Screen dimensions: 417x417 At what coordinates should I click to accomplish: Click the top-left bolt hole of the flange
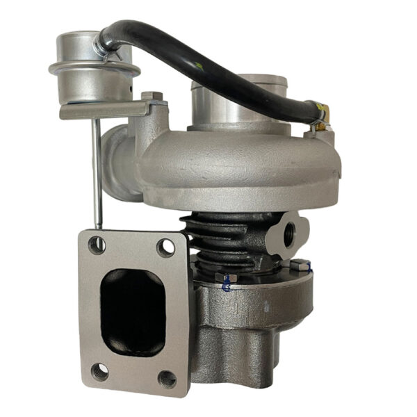(97, 245)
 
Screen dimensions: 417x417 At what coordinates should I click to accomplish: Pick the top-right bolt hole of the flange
(165, 247)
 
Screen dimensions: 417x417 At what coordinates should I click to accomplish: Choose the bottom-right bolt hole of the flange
(167, 379)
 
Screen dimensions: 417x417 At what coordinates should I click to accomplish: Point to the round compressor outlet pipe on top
(236, 97)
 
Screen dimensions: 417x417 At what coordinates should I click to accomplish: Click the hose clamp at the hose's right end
(320, 115)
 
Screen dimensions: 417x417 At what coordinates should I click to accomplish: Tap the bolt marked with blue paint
(227, 277)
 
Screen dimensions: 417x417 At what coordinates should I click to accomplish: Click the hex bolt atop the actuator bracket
(152, 95)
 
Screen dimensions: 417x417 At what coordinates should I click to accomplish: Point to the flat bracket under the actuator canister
(104, 110)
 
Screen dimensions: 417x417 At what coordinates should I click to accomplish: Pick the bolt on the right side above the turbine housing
(300, 265)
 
